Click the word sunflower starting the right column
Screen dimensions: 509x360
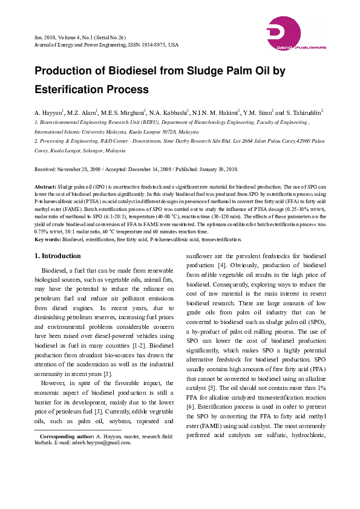(x=200, y=256)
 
